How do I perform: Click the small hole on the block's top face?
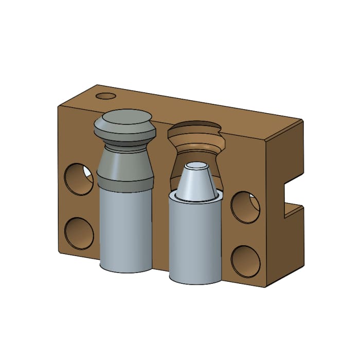coord(106,96)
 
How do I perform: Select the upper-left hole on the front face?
coord(78,178)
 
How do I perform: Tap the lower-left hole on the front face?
coord(79,233)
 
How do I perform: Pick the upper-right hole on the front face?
coord(245,206)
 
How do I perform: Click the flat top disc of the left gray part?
coord(123,119)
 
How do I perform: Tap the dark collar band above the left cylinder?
coord(125,181)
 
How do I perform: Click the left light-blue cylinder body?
coord(125,226)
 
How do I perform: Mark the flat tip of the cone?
coord(196,166)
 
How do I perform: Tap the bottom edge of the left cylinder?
coord(125,271)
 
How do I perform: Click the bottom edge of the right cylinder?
coord(195,282)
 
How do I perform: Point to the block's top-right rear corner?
coord(301,120)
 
